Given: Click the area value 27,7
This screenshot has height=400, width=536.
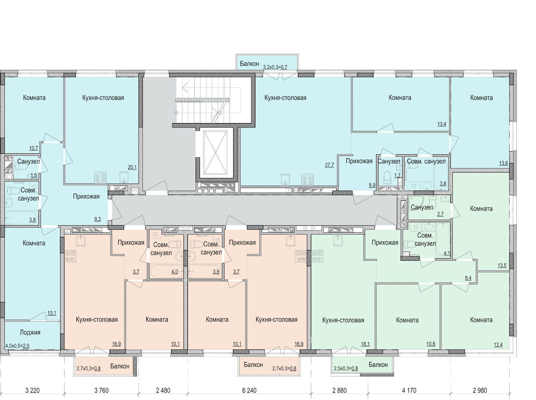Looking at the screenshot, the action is (x=329, y=165).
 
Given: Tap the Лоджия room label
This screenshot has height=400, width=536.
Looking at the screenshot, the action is (x=30, y=332).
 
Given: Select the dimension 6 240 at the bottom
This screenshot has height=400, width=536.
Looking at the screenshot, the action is (x=249, y=390).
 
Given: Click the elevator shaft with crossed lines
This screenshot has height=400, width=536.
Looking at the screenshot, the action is (x=215, y=152).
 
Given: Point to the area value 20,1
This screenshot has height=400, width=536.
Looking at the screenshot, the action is (x=132, y=167).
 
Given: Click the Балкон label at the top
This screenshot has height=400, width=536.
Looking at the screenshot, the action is (x=249, y=64).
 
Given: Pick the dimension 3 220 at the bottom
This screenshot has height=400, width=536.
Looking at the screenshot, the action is (x=32, y=390).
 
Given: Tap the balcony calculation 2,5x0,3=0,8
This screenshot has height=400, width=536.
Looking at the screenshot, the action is (x=346, y=368).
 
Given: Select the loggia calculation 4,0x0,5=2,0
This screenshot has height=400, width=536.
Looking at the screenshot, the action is (x=17, y=346).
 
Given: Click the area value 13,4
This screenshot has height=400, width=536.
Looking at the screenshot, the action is (x=442, y=124).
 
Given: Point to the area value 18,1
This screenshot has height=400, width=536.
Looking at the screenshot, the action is (x=365, y=344).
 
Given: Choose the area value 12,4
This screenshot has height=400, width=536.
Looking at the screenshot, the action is (x=498, y=345).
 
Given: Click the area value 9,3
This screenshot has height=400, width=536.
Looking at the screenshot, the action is (x=97, y=219).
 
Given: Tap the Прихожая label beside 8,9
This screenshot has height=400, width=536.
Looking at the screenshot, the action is (x=359, y=161).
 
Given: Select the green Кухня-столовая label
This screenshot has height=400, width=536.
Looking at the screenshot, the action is (x=343, y=320).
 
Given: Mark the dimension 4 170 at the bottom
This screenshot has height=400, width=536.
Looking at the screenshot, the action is (x=409, y=390).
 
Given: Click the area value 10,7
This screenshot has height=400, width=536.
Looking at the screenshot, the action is (x=33, y=148).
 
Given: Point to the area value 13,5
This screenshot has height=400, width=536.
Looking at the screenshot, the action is (x=502, y=265).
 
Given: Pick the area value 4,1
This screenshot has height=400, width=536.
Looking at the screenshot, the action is (x=447, y=254).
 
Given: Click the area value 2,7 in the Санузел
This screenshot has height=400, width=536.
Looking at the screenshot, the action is (x=440, y=214).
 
